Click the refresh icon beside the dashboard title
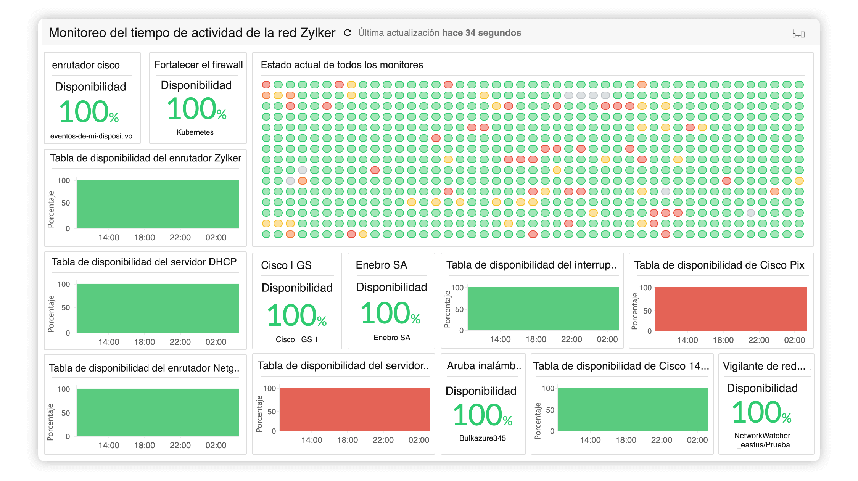coord(347,33)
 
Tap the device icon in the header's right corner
coord(798,33)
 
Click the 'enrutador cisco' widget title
coord(86,65)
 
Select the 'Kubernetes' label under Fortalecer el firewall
coord(195,132)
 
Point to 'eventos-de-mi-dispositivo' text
coord(91,136)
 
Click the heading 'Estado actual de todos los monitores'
coord(342,65)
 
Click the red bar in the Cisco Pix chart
coord(731,309)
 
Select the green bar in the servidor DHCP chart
coord(158,308)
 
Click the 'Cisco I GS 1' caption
coord(296,339)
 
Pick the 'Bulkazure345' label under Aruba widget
coord(482,438)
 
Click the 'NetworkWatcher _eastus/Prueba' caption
coord(762,440)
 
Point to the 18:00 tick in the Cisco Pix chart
coord(723,340)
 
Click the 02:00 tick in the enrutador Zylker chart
coord(216,238)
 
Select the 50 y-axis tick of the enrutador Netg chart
coord(66,413)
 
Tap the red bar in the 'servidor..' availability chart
coord(354,409)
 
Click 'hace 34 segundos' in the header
coord(481,33)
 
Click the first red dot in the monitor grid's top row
coord(266,85)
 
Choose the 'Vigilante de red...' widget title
coord(764,366)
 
